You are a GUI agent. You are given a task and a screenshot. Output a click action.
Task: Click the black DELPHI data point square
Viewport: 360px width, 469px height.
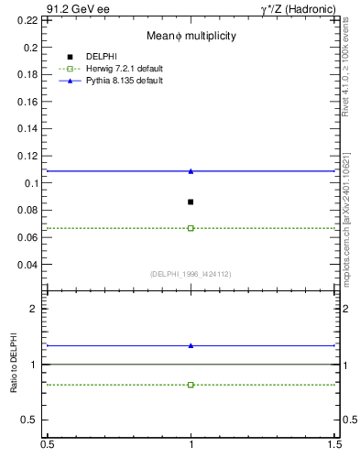(191, 202)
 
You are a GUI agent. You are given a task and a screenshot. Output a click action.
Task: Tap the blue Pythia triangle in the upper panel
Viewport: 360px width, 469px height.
(191, 171)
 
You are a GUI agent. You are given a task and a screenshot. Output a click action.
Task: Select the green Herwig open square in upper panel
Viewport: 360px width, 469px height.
(191, 228)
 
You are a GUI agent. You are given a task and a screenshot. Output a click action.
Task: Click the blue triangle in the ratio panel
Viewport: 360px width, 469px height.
(191, 345)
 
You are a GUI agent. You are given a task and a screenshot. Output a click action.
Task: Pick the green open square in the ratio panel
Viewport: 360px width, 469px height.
(191, 385)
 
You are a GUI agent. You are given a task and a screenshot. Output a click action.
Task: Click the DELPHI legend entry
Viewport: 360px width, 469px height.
(100, 57)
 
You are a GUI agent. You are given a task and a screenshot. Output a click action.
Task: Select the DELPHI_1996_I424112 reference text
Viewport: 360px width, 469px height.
(191, 274)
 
